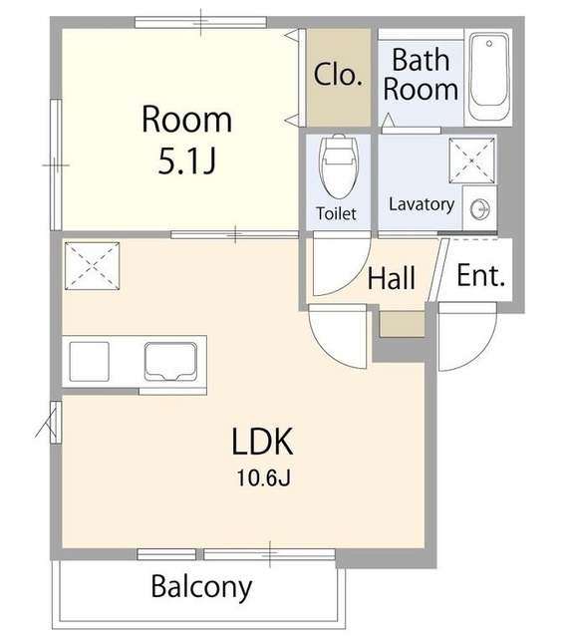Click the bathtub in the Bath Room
point(488,77)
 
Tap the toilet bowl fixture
point(339,166)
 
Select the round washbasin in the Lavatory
point(480,210)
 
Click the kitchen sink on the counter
point(170,362)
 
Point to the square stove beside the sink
point(89,361)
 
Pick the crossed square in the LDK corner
point(93,266)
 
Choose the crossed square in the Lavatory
point(471,160)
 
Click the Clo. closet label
point(338,75)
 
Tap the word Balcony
point(201,587)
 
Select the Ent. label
point(480,276)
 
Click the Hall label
point(392,278)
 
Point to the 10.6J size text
point(263,478)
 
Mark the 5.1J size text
point(186,161)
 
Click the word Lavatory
point(422,204)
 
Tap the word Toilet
point(336,213)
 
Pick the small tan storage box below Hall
point(402,324)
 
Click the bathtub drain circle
point(489,43)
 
